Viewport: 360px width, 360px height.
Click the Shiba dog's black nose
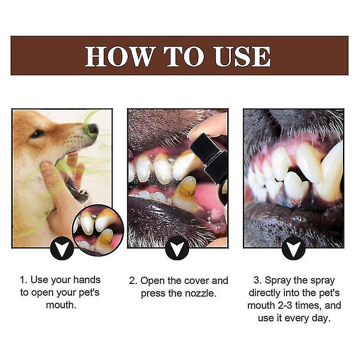click(93, 130)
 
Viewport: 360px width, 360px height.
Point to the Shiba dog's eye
click(38, 133)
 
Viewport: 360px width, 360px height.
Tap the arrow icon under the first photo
click(62, 248)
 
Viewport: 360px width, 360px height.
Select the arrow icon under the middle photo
click(177, 248)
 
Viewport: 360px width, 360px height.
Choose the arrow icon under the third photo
click(294, 248)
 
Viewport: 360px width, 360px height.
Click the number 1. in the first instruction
click(24, 280)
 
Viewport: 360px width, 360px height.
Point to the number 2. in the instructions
click(133, 281)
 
